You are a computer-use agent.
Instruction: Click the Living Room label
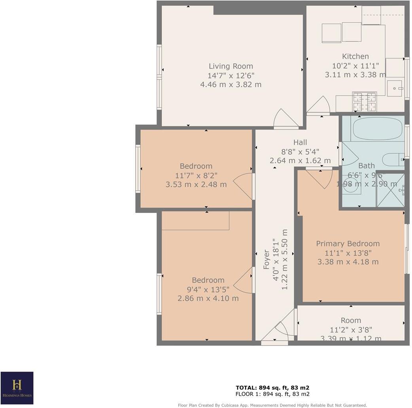point(231,66)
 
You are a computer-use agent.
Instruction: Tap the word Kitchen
point(355,56)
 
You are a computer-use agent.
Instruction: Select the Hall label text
point(300,142)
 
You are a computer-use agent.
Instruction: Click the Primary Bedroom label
point(348,244)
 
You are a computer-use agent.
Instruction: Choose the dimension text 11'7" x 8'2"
point(196,175)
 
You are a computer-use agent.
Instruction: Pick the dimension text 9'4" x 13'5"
point(208,289)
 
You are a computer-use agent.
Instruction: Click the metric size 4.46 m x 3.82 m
point(231,85)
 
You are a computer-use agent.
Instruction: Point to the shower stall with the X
point(390,191)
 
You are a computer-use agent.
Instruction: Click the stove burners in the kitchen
point(364,102)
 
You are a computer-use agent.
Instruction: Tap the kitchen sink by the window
point(394,88)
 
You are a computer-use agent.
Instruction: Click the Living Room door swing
point(285,119)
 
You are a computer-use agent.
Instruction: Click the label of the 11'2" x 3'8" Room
point(351,320)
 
